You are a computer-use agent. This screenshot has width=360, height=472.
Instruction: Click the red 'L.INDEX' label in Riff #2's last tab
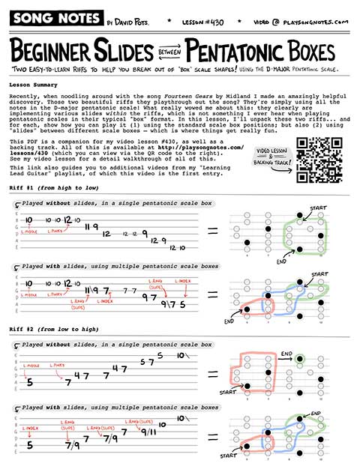pos(30,428)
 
